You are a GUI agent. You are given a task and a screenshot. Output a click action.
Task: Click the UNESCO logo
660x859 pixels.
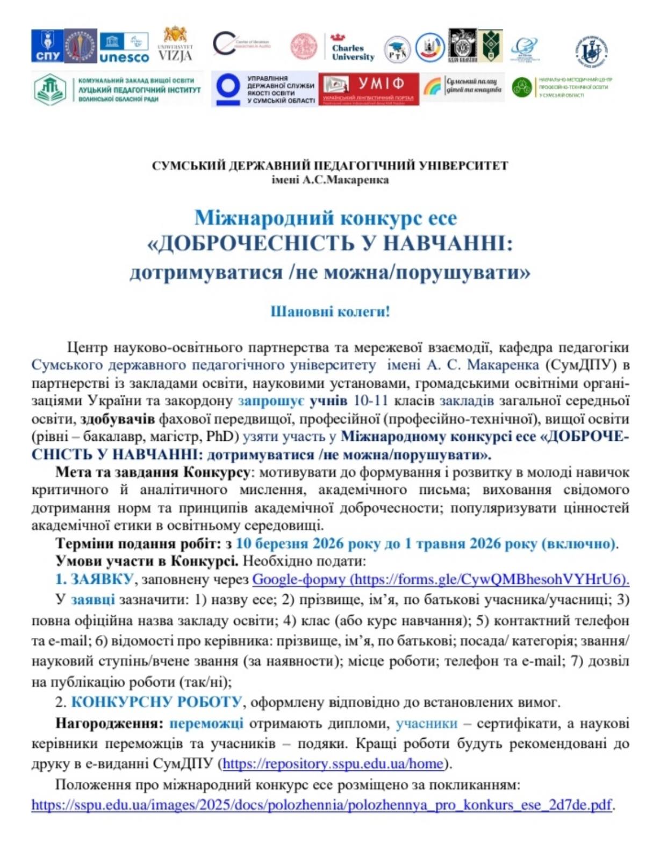(x=124, y=47)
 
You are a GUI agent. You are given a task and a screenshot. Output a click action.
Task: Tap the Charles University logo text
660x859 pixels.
(x=353, y=52)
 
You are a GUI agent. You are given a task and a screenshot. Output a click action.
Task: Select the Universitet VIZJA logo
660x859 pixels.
(x=175, y=45)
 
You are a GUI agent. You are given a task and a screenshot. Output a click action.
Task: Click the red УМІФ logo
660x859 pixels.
(x=369, y=89)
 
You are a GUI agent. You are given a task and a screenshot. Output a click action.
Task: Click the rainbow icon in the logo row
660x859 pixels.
(x=432, y=86)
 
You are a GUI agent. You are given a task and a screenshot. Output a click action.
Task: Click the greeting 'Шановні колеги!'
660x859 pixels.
(x=330, y=311)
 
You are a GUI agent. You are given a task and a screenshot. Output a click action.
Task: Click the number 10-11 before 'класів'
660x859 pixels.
(x=370, y=401)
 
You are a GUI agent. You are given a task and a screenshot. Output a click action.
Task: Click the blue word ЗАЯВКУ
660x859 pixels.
(x=102, y=579)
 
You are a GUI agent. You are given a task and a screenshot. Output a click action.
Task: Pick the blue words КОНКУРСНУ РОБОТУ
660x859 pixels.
(x=156, y=702)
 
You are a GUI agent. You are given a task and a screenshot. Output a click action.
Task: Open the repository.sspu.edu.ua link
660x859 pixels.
(x=333, y=763)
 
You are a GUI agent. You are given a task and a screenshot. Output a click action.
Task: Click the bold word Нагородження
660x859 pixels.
(x=109, y=723)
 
